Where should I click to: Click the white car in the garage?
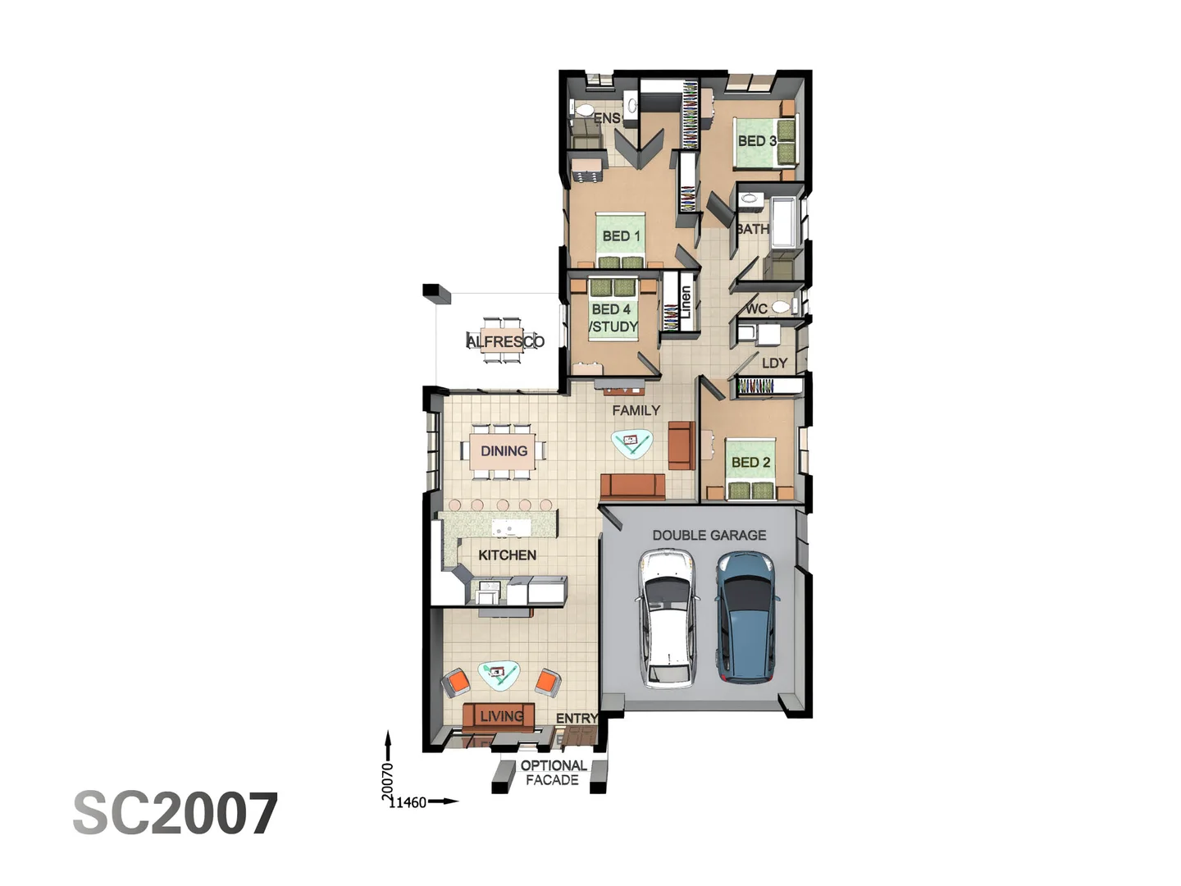click(668, 617)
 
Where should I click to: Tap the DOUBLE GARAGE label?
click(709, 535)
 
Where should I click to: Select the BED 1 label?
click(621, 236)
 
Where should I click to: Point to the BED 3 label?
click(756, 141)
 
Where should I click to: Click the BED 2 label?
click(750, 463)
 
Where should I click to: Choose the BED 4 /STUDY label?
click(613, 318)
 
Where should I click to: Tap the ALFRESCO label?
click(505, 341)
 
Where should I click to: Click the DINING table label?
click(504, 451)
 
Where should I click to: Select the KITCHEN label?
click(507, 555)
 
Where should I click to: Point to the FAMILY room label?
click(636, 410)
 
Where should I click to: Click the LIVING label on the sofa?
click(501, 716)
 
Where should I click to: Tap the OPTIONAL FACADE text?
click(554, 773)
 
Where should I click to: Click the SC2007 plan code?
click(176, 814)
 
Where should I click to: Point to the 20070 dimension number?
click(388, 781)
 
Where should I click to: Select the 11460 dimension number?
click(408, 802)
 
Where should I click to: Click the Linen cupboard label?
click(686, 302)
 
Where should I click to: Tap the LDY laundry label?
click(774, 363)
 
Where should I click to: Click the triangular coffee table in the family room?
click(632, 443)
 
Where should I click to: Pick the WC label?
click(756, 309)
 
